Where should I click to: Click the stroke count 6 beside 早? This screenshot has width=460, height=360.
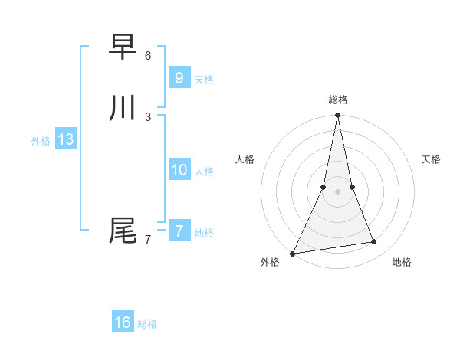pyautogui.click(x=148, y=56)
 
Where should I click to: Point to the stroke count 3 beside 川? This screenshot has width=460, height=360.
pyautogui.click(x=148, y=116)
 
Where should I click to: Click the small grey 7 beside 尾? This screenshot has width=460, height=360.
pyautogui.click(x=148, y=240)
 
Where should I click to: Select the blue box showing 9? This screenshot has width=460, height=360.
pyautogui.click(x=179, y=77)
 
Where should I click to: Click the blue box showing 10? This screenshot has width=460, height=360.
pyautogui.click(x=179, y=169)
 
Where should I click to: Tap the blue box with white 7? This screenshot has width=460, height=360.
pyautogui.click(x=179, y=231)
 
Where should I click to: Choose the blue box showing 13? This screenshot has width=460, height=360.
pyautogui.click(x=65, y=139)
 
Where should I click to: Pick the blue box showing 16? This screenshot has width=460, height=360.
pyautogui.click(x=123, y=322)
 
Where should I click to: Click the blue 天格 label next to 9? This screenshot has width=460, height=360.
pyautogui.click(x=204, y=80)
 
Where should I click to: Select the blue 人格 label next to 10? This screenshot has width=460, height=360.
pyautogui.click(x=204, y=172)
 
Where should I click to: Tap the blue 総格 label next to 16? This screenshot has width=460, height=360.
pyautogui.click(x=147, y=324)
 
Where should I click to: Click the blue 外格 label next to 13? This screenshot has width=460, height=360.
pyautogui.click(x=41, y=141)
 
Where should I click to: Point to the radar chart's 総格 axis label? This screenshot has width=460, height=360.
pyautogui.click(x=337, y=100)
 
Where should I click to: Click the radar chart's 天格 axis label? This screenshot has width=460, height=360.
pyautogui.click(x=431, y=159)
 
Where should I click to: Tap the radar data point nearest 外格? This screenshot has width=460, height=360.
pyautogui.click(x=292, y=254)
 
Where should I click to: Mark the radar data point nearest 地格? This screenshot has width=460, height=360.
pyautogui.click(x=374, y=242)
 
